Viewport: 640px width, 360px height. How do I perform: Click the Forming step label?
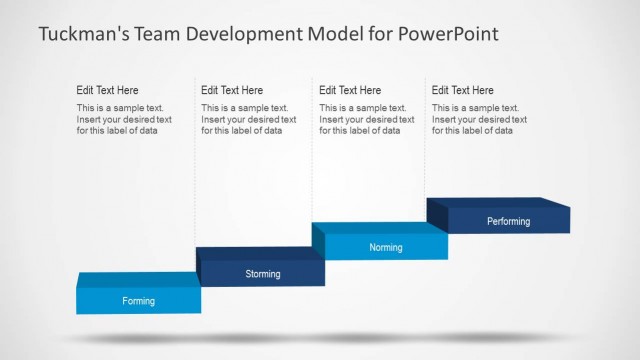[139, 300]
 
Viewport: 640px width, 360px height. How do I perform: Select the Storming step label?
[263, 274]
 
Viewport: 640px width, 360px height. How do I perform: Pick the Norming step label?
[386, 247]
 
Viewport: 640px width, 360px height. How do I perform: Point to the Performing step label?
[508, 221]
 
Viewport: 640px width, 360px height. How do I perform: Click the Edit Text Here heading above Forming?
[108, 90]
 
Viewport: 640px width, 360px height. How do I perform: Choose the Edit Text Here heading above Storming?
[232, 90]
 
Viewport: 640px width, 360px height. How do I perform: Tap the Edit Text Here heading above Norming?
[350, 90]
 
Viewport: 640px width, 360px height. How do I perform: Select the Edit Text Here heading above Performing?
[463, 90]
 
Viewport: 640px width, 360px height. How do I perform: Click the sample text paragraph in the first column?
[124, 119]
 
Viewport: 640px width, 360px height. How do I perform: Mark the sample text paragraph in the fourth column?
[476, 119]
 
